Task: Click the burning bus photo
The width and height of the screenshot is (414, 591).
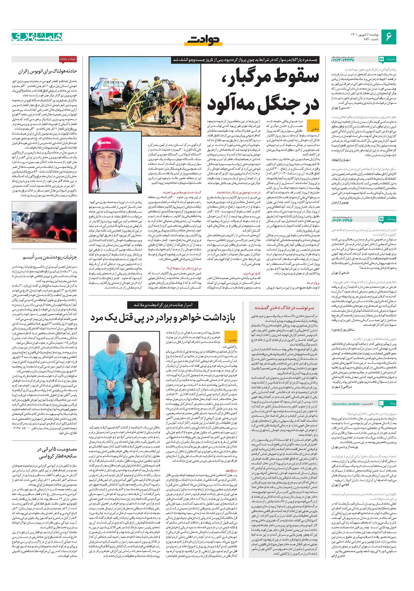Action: (x=44, y=222)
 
